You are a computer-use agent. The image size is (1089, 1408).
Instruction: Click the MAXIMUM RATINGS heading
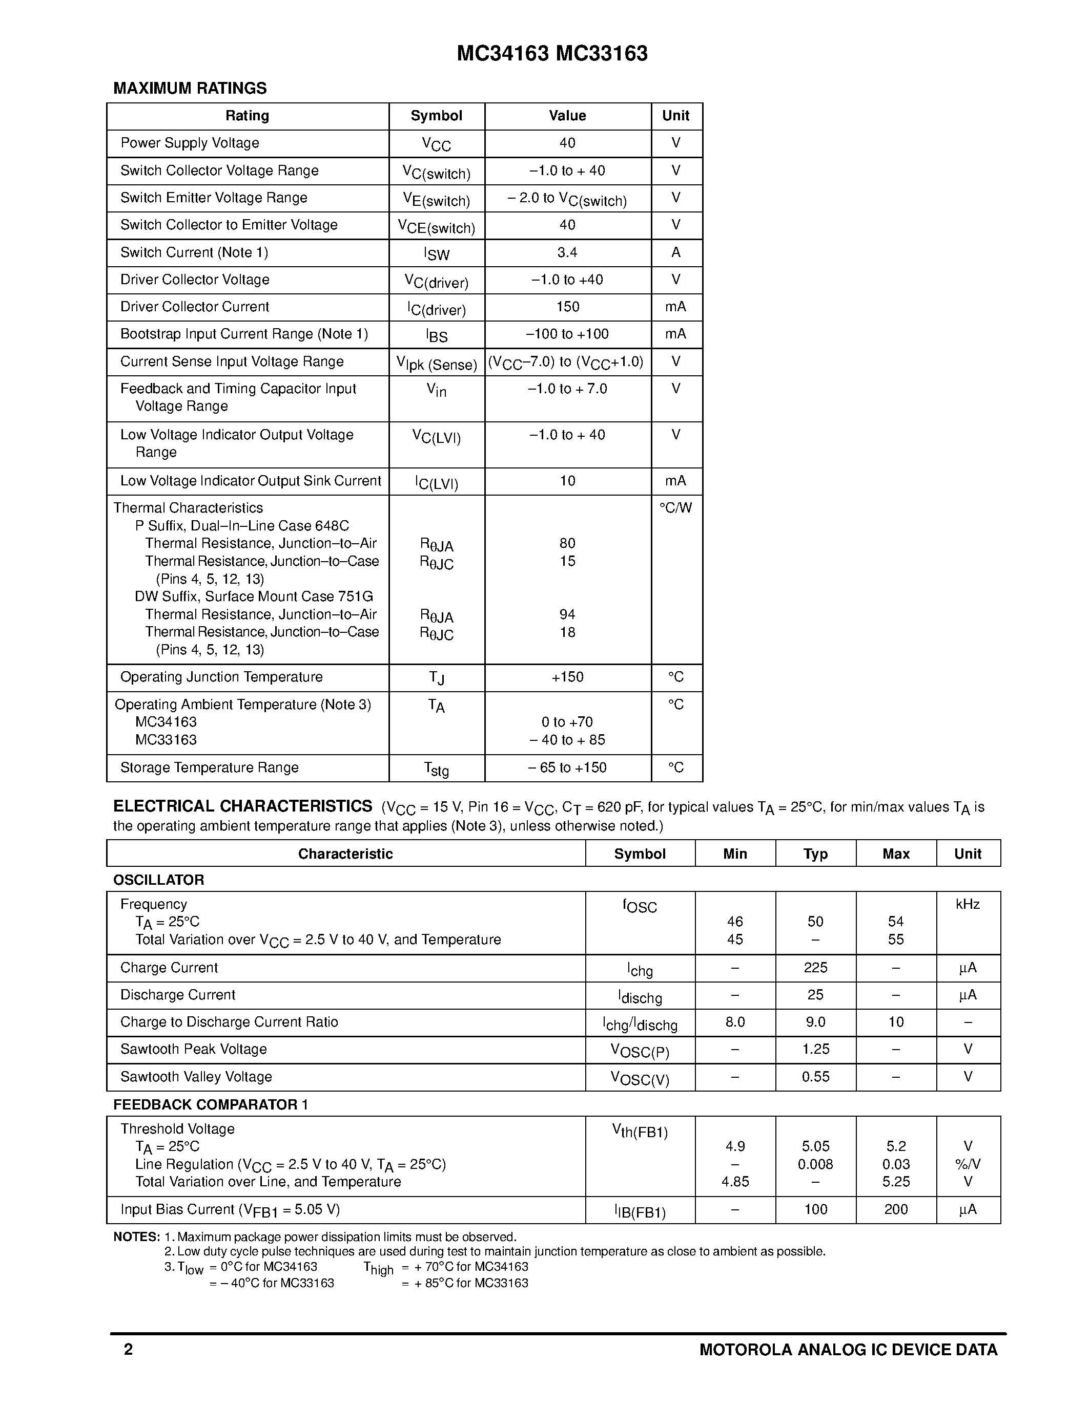[x=190, y=89]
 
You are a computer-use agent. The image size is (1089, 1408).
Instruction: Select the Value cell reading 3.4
[x=567, y=253]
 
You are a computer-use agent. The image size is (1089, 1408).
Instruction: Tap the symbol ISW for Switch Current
[x=437, y=253]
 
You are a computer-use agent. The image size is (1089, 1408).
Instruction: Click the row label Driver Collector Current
[x=194, y=307]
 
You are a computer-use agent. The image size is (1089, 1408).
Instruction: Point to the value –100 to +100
[x=567, y=334]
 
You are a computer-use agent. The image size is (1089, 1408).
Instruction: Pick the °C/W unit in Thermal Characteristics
[x=675, y=508]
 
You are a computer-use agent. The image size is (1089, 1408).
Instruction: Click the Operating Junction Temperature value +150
[x=567, y=677]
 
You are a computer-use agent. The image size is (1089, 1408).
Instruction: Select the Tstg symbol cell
[x=437, y=769]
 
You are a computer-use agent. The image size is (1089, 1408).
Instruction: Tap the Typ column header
[x=815, y=854]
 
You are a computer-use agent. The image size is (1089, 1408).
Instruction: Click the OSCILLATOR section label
[x=159, y=880]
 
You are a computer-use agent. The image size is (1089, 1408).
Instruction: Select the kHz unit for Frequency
[x=968, y=905]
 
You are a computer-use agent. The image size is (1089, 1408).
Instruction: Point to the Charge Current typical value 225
[x=815, y=968]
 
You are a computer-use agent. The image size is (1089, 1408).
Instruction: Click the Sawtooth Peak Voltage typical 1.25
[x=815, y=1049]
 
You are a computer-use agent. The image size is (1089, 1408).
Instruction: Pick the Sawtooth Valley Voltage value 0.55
[x=815, y=1077]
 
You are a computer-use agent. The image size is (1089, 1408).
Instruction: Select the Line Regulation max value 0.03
[x=895, y=1164]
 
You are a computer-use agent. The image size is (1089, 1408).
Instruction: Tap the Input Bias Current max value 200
[x=895, y=1209]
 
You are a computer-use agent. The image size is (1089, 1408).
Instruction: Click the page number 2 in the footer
[x=129, y=1349]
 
